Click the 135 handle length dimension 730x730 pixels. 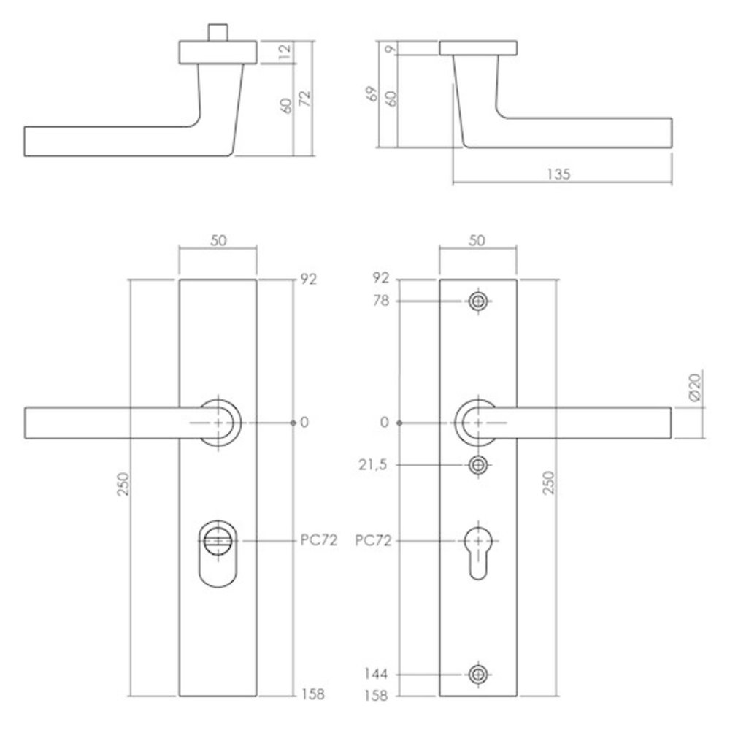tap(558, 174)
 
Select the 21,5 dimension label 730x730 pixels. tap(372, 464)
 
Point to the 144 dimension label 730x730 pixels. tap(376, 674)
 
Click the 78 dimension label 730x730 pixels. tap(380, 301)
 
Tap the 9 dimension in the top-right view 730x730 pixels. tap(391, 48)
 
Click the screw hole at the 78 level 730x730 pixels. tap(478, 301)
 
